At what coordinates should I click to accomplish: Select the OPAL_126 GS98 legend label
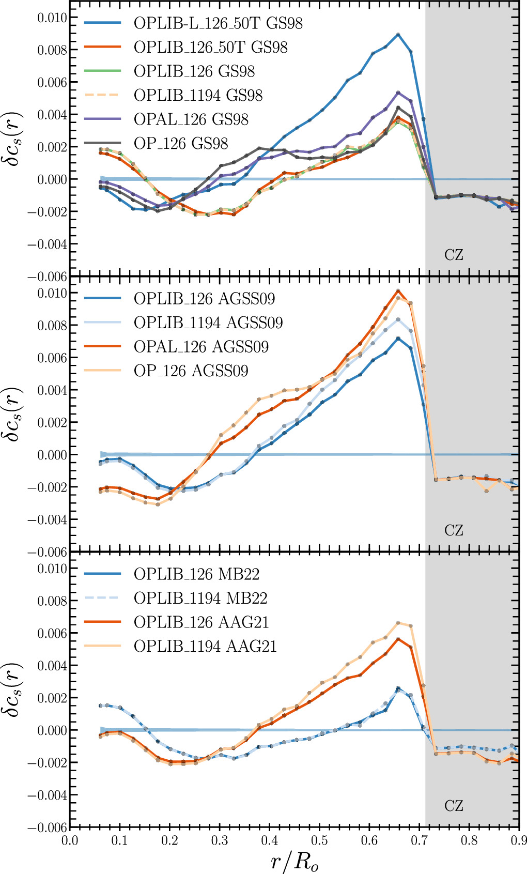191,119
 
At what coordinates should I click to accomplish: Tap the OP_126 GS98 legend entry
181,143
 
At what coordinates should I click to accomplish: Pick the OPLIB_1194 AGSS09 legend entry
208,323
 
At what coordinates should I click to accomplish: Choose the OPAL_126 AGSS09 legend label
201,346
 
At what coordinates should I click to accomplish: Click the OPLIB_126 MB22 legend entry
196,574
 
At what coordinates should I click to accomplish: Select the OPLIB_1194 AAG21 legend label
205,646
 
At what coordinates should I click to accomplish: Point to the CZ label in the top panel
454,255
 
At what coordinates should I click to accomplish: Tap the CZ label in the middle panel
454,530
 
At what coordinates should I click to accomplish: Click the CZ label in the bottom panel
454,806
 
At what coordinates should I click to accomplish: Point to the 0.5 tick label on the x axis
319,840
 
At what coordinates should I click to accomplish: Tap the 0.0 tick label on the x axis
70,840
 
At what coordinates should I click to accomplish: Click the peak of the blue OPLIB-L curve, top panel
398,34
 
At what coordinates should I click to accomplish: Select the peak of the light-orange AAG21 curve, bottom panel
398,623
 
